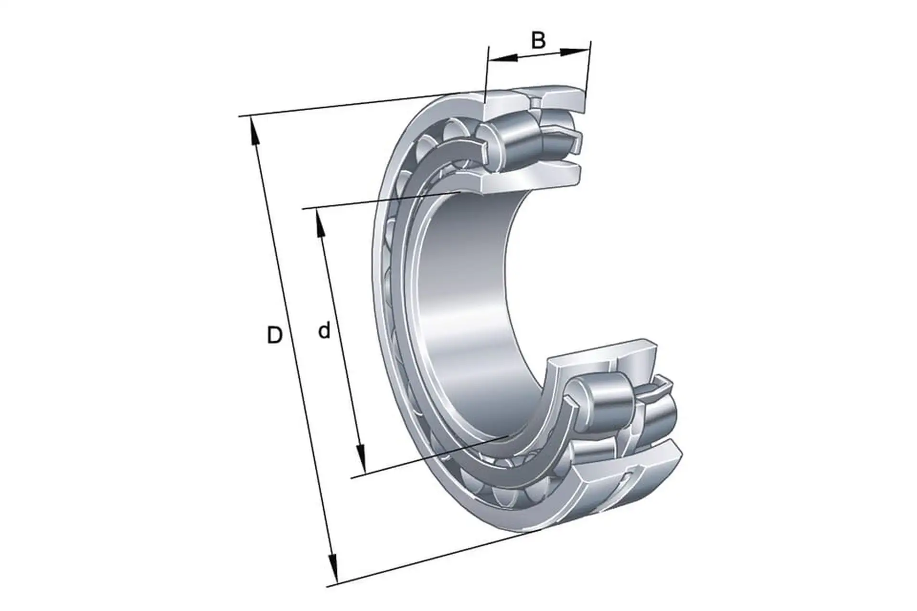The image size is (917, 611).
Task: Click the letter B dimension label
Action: tap(538, 41)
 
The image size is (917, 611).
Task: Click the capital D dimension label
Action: tap(275, 336)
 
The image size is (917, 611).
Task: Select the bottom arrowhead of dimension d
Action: tap(361, 458)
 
